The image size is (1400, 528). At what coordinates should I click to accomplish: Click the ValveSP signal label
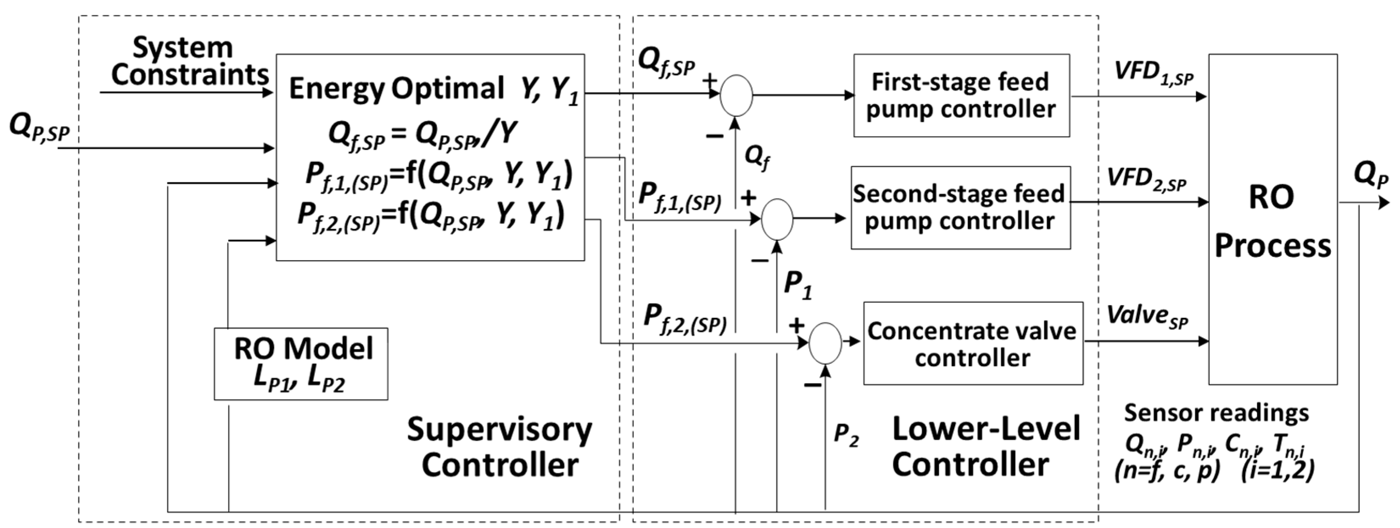pyautogui.click(x=1147, y=316)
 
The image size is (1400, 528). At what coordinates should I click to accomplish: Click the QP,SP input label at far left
pyautogui.click(x=40, y=129)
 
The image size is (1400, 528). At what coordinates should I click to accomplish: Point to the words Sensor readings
pyautogui.click(x=1216, y=413)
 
